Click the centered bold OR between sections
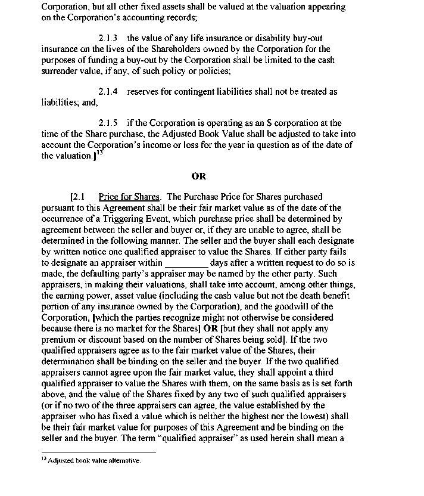[199, 176]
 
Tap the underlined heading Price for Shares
[129, 197]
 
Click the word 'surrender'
[63, 70]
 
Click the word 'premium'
[61, 339]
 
